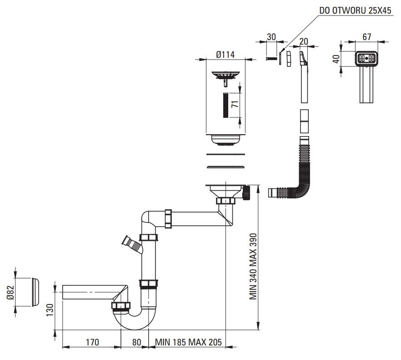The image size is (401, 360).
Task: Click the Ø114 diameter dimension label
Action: click(x=225, y=55)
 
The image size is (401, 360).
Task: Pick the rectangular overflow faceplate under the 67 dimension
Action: click(x=366, y=59)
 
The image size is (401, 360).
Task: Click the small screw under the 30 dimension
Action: click(x=271, y=58)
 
